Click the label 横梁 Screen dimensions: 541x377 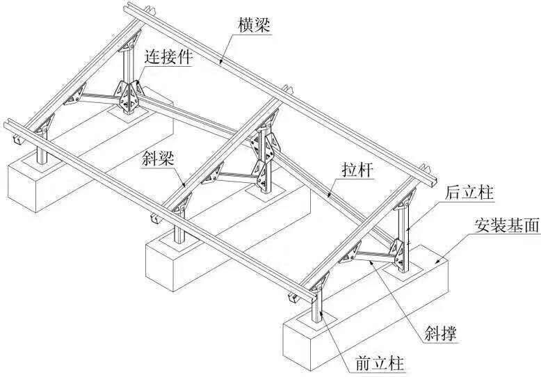click(x=255, y=24)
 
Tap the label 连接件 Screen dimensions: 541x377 click(x=168, y=56)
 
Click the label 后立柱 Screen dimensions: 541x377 click(x=469, y=192)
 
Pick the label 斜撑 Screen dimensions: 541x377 click(x=441, y=332)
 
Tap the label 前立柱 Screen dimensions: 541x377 click(x=380, y=364)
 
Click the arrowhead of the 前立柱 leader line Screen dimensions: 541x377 click(x=321, y=313)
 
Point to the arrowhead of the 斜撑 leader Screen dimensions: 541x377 click(x=371, y=262)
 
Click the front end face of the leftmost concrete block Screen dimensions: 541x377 click(x=22, y=188)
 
